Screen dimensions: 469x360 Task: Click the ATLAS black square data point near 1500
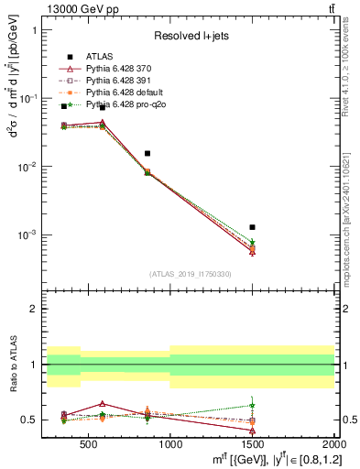252,226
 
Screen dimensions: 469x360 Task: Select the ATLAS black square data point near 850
147,153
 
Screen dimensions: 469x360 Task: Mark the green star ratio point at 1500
252,405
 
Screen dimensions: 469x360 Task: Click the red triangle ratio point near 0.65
103,403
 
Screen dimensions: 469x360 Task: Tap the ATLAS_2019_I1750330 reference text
191,274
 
